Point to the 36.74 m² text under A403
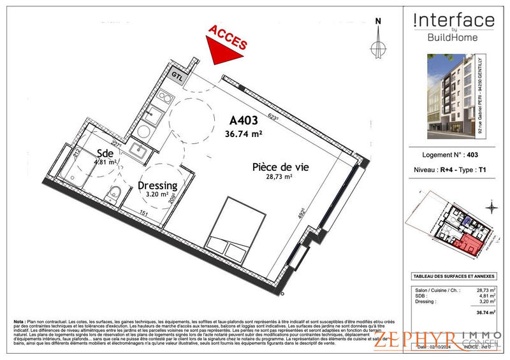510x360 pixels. click(x=244, y=134)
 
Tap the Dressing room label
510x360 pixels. click(x=157, y=185)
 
